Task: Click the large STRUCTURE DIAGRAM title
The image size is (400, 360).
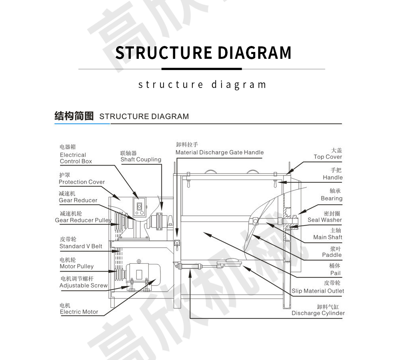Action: tap(203, 53)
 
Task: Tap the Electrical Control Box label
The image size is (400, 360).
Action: tap(76, 158)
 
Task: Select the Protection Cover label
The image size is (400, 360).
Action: tap(82, 182)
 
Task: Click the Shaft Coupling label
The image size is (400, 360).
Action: tap(141, 159)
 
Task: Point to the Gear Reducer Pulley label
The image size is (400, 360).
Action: tap(83, 220)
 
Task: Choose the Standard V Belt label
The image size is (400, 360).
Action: tap(81, 246)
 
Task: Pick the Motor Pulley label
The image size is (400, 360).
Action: tap(76, 266)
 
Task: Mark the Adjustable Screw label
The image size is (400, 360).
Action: tap(84, 285)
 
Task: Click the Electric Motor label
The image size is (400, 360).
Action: tap(79, 312)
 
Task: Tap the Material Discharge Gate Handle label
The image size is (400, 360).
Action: tap(220, 152)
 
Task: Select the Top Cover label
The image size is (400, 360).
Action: tap(328, 157)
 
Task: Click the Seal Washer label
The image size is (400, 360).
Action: tap(324, 220)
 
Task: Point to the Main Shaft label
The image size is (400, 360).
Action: tap(328, 237)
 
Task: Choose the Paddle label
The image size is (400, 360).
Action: tap(332, 255)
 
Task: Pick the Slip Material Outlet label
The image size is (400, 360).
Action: tap(318, 291)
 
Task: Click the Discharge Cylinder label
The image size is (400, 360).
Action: tap(318, 313)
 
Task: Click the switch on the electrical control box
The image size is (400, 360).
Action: tap(140, 207)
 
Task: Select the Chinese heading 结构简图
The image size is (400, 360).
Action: tap(74, 116)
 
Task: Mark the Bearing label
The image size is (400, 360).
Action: tap(331, 198)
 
